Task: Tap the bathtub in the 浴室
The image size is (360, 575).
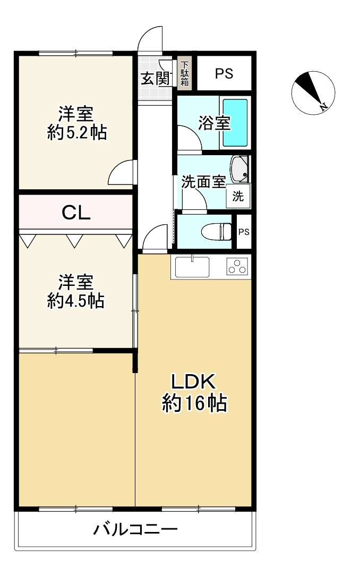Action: pos(235,122)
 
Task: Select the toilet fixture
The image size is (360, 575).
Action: pos(217,232)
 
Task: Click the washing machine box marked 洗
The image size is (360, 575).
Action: pos(238,196)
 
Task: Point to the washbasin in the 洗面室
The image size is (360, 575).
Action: pos(239,169)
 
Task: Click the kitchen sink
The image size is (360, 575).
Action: pos(192,267)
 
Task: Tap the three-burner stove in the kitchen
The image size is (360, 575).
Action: pos(237,267)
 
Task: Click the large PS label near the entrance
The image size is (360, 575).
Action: pos(224,74)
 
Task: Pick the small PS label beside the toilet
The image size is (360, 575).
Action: pos(244,232)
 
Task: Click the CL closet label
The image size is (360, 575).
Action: pos(76,213)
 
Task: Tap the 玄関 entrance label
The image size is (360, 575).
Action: pos(155,79)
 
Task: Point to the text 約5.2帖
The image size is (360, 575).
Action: pos(77,132)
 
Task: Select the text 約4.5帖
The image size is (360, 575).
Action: pos(76,301)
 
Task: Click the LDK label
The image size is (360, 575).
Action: pos(194,382)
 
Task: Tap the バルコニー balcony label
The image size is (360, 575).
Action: pos(135,529)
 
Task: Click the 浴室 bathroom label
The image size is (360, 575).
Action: pos(214,123)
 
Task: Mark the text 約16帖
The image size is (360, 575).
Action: pos(194,403)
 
